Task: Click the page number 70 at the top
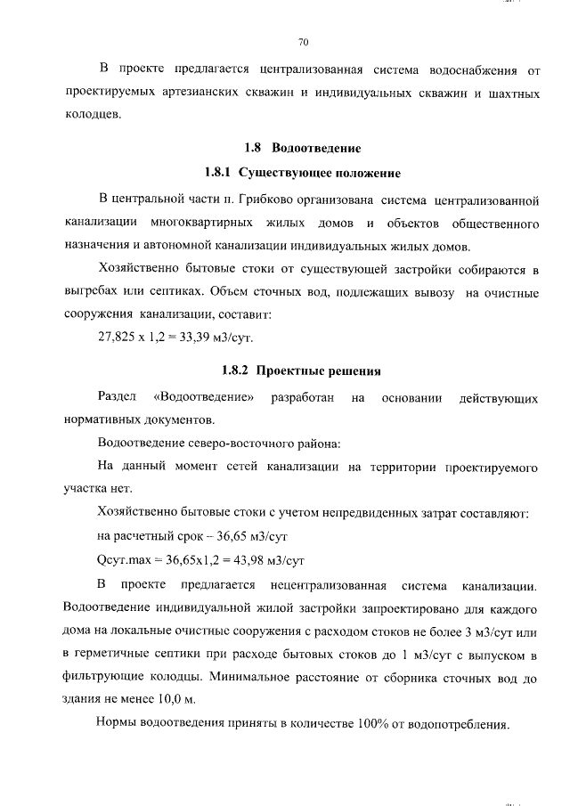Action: [x=302, y=42]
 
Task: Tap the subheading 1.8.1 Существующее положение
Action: [x=302, y=172]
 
